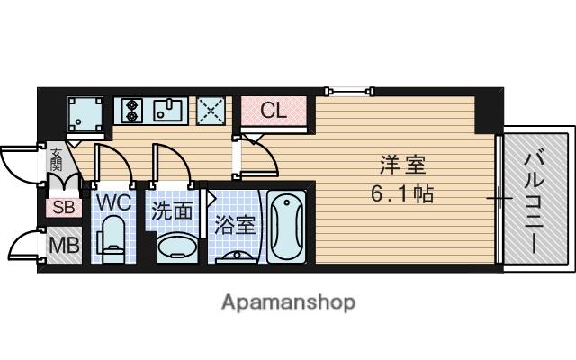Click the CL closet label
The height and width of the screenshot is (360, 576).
[274, 110]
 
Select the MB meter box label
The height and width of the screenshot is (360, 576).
[65, 245]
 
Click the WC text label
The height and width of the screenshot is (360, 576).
[113, 202]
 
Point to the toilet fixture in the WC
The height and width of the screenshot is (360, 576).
[112, 239]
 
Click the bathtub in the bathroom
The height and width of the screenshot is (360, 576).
[286, 226]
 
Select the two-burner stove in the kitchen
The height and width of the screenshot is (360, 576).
[132, 111]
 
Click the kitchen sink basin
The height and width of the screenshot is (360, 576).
[168, 111]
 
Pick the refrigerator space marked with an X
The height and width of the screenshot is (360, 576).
[211, 111]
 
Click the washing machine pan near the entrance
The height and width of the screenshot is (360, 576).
[85, 114]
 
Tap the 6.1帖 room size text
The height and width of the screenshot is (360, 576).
[402, 193]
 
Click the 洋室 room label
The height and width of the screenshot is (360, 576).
[403, 166]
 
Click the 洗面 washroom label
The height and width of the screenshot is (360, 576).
[172, 211]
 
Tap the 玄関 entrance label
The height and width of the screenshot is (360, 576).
[56, 159]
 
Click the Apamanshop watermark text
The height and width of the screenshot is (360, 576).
[288, 302]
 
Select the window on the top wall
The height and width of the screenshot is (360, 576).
[350, 90]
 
